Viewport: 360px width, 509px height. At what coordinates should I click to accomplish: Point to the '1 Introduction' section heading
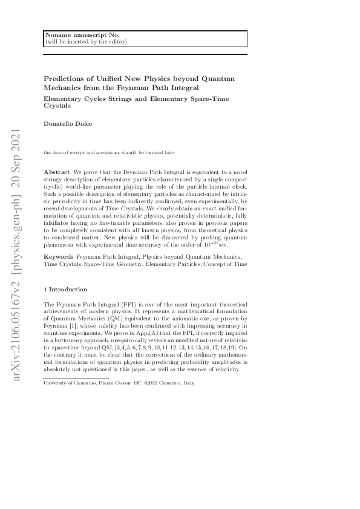click(x=65, y=290)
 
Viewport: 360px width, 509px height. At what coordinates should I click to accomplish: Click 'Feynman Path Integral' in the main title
click(x=148, y=87)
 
